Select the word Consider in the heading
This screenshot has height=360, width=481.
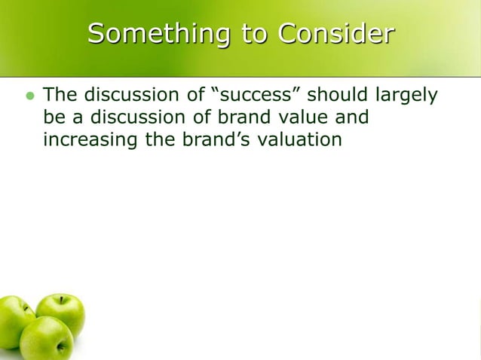(x=335, y=34)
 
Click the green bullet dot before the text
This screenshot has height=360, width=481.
(x=30, y=97)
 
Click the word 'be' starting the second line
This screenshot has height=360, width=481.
(x=53, y=117)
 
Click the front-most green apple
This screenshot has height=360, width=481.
(x=46, y=339)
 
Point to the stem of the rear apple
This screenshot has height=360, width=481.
(x=62, y=299)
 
